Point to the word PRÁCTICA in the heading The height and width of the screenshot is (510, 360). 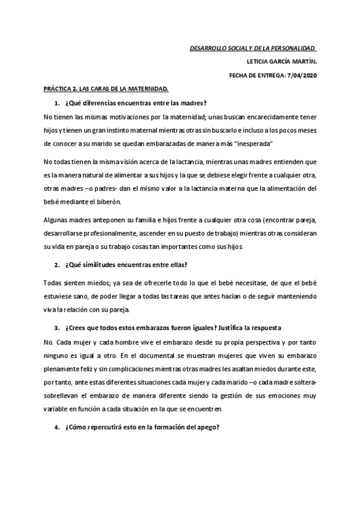point(59,88)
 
